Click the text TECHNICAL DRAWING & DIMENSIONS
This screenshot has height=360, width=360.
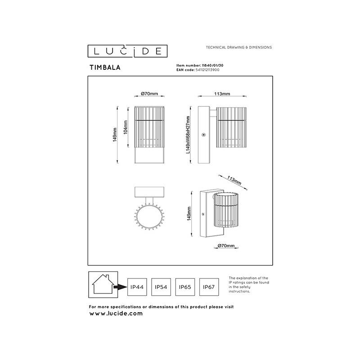coord(238,47)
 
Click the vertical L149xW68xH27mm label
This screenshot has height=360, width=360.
coord(189,135)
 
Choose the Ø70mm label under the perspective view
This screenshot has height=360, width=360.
coord(225,246)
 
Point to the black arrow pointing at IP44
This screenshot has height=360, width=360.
coord(120,286)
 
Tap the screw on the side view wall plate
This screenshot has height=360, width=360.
coord(204,134)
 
